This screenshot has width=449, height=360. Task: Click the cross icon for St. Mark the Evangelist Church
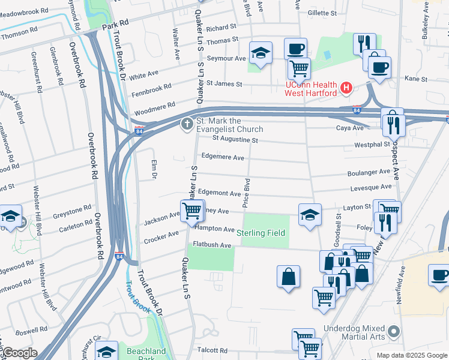click(x=187, y=124)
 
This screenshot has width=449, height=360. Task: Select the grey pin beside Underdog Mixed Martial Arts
click(x=394, y=331)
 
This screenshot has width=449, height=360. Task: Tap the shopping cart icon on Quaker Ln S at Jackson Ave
click(x=191, y=211)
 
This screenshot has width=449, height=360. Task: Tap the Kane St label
click(x=415, y=79)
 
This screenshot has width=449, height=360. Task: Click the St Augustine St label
click(x=229, y=140)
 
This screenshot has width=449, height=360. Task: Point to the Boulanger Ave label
click(x=369, y=172)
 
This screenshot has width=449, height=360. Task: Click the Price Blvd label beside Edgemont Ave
click(x=246, y=193)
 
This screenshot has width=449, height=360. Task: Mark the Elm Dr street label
click(x=152, y=170)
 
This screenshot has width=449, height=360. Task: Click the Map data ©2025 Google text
click(x=411, y=355)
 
